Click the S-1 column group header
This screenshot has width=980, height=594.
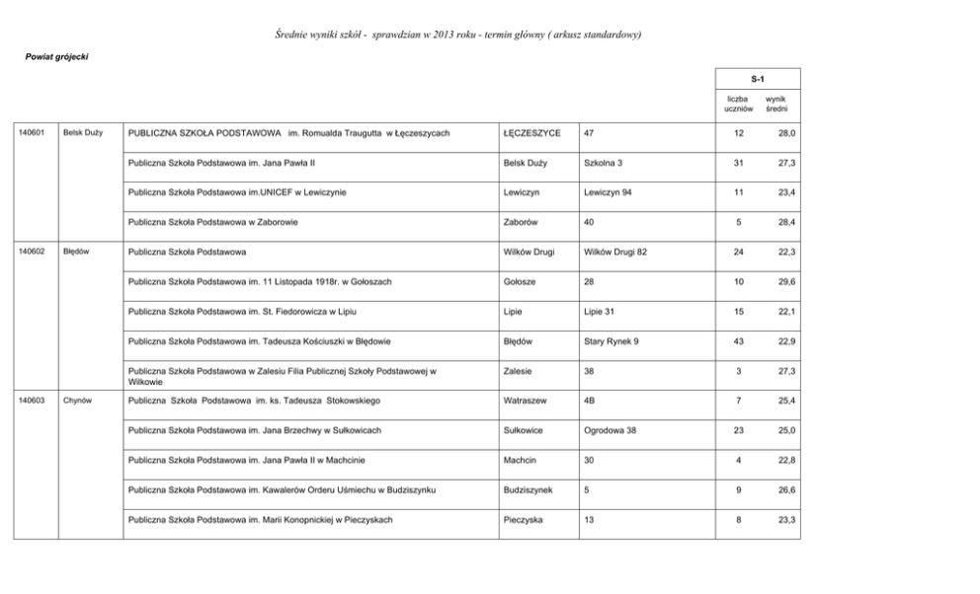tap(758, 78)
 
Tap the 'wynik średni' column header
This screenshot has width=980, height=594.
tap(776, 104)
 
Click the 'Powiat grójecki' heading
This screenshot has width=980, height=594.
tap(56, 56)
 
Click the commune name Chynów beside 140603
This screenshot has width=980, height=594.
tap(77, 401)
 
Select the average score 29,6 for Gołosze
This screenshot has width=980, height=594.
tap(786, 282)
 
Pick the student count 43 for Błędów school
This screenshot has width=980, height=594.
tap(738, 341)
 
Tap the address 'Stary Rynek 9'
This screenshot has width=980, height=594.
tap(611, 341)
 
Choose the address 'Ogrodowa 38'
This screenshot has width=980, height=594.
tap(610, 430)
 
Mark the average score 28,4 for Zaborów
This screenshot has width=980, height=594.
tap(786, 222)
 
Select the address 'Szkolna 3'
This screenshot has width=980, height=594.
tap(603, 162)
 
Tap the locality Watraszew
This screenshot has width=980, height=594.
tap(525, 401)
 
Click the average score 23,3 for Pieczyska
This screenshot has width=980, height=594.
tap(786, 519)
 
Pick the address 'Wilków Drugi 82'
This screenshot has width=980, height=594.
tap(615, 252)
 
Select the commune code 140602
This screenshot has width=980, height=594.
tap(33, 252)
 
